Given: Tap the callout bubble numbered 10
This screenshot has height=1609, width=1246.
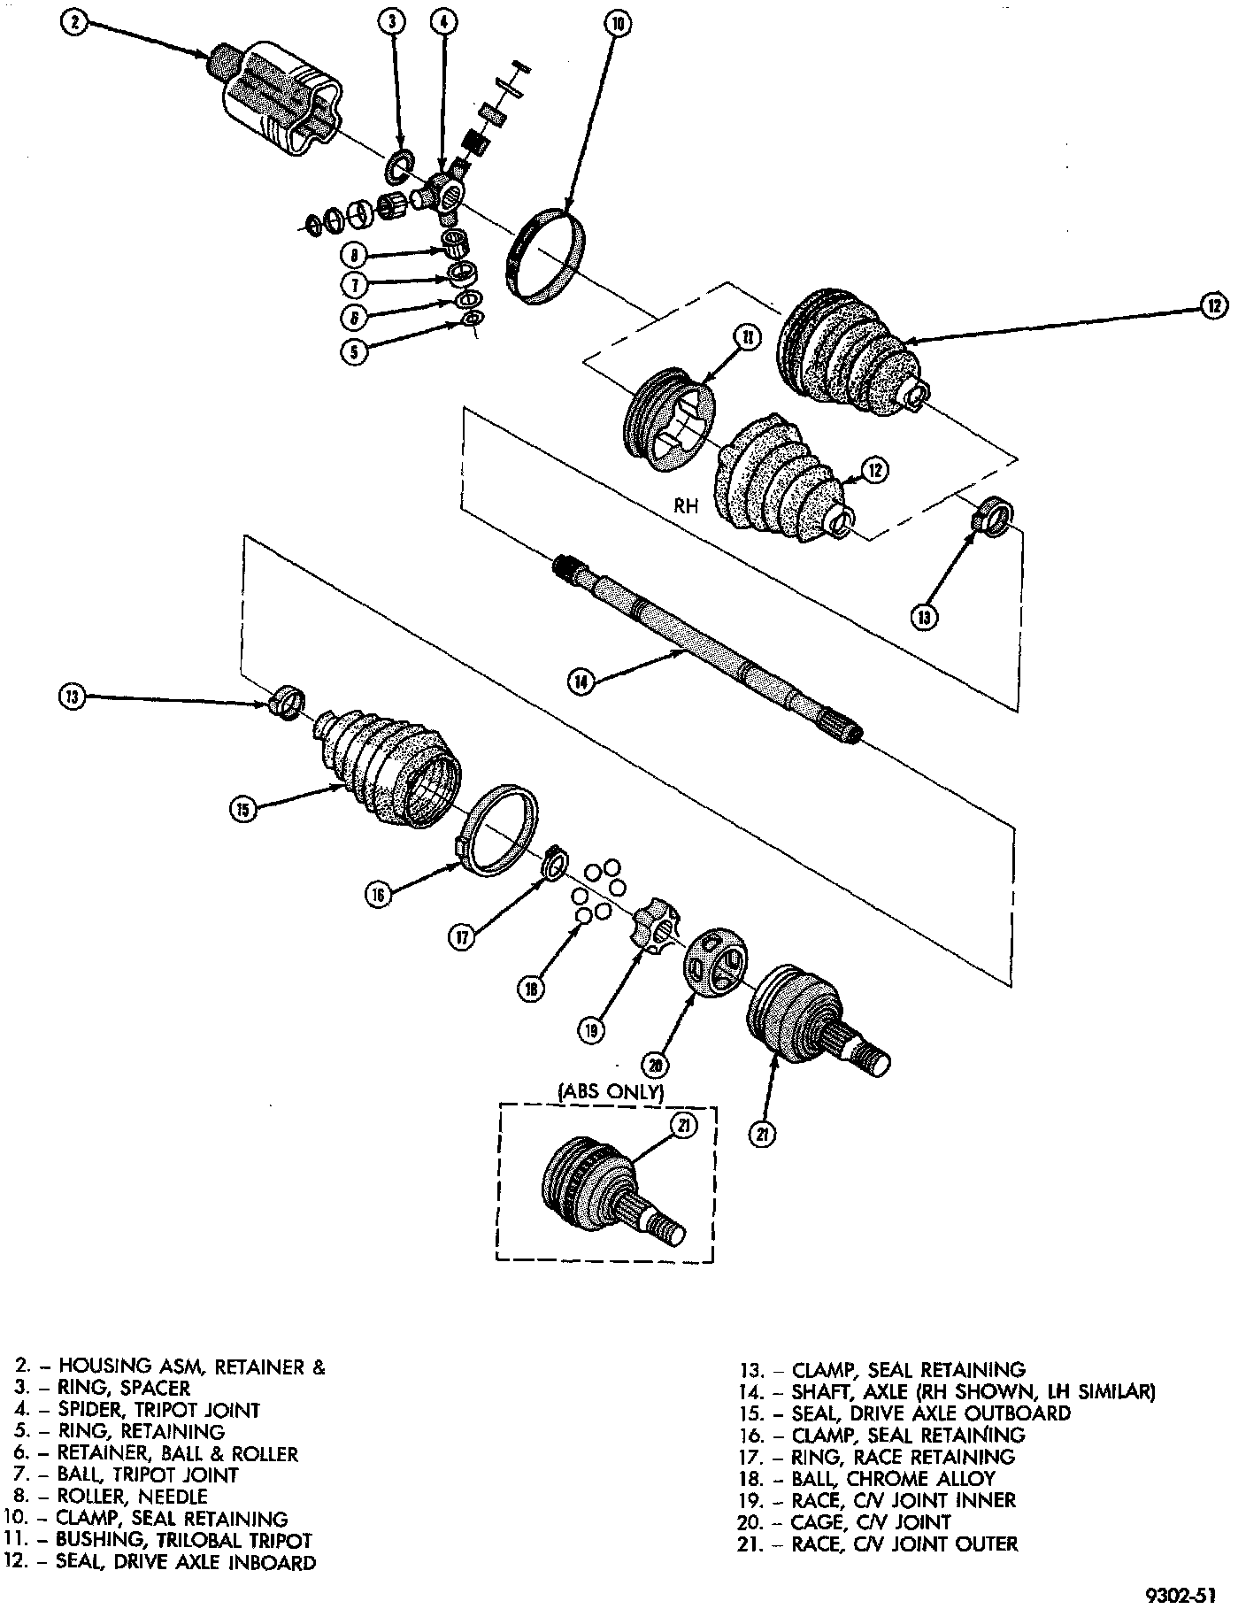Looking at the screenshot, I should click(617, 24).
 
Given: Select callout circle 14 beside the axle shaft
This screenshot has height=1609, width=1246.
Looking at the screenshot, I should click(580, 681).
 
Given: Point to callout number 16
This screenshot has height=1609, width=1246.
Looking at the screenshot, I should click(379, 894).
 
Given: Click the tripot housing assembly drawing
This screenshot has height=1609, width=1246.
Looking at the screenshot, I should click(277, 99).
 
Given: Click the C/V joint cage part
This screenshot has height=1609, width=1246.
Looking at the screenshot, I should click(716, 962).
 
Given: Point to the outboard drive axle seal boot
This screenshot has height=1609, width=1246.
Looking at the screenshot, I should click(391, 764).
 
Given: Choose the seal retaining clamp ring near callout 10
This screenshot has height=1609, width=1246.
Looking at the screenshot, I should click(546, 257).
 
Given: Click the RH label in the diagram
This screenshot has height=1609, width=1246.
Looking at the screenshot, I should click(686, 506).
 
